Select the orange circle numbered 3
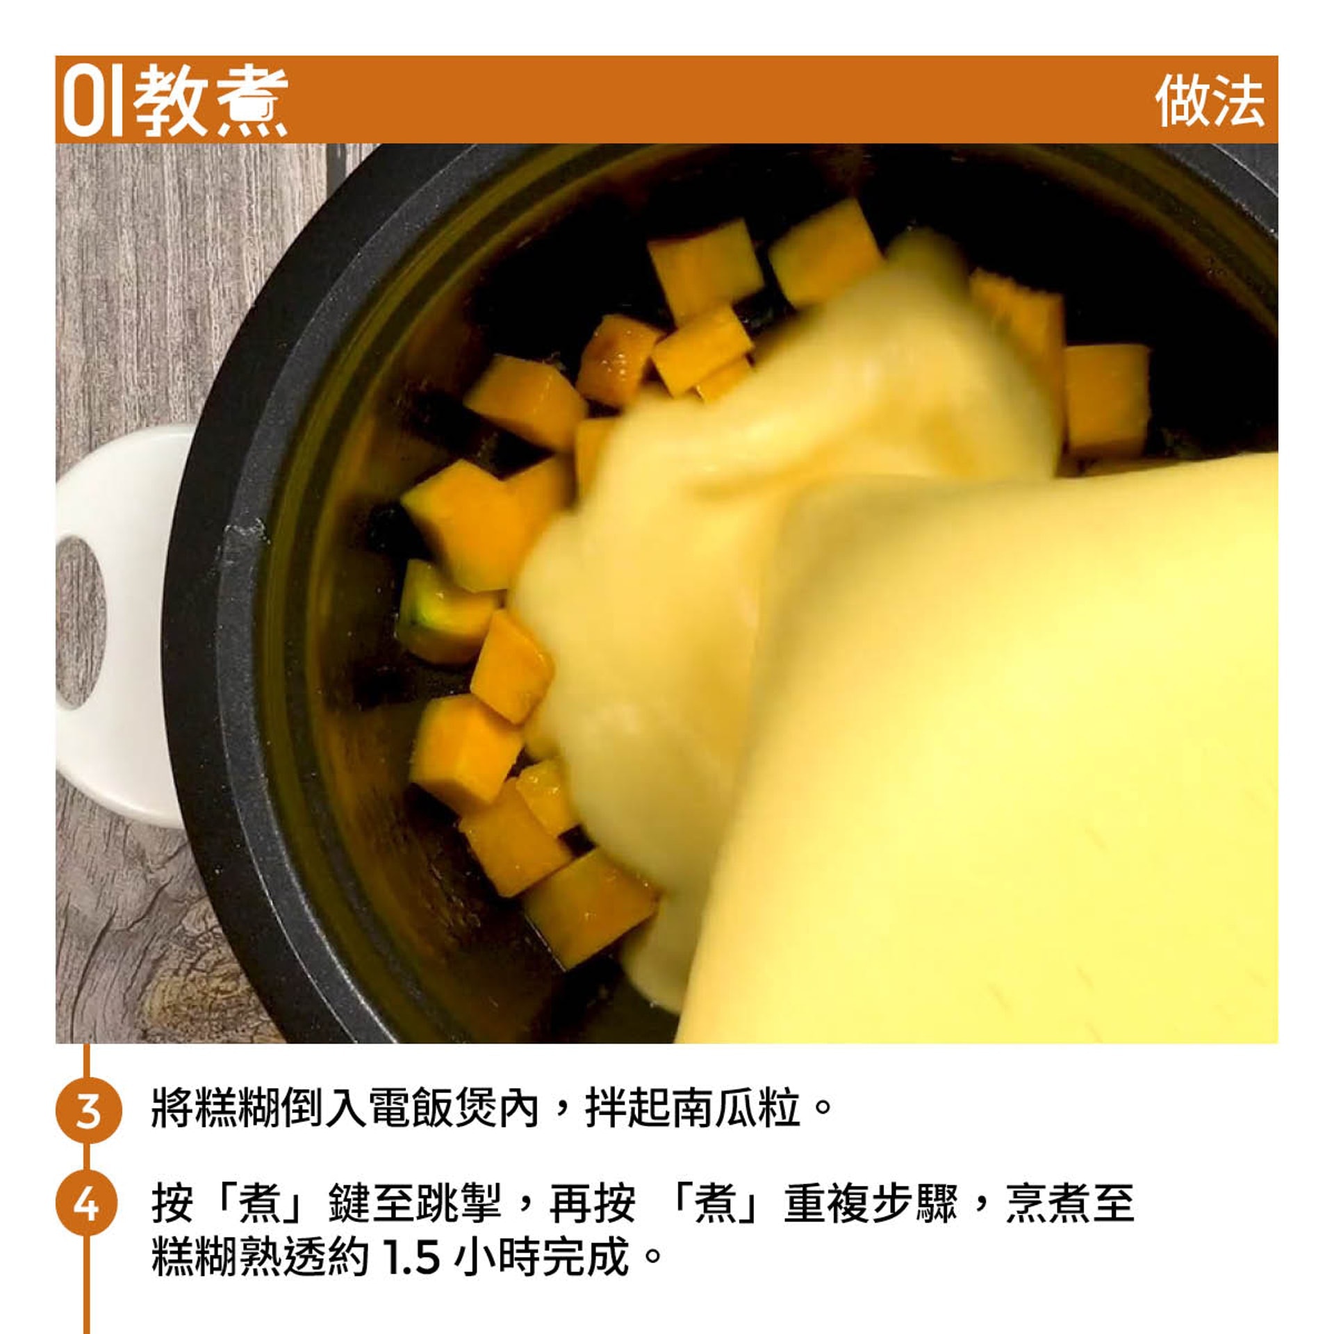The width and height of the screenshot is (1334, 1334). pos(88,1110)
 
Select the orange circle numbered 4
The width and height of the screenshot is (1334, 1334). pos(88,1203)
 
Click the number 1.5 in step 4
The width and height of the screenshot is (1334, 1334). pos(411,1256)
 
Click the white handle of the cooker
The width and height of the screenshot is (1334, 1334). pos(111,625)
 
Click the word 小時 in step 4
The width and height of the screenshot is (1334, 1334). pos(498,1255)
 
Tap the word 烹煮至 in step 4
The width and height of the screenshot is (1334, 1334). pos(1070,1203)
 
